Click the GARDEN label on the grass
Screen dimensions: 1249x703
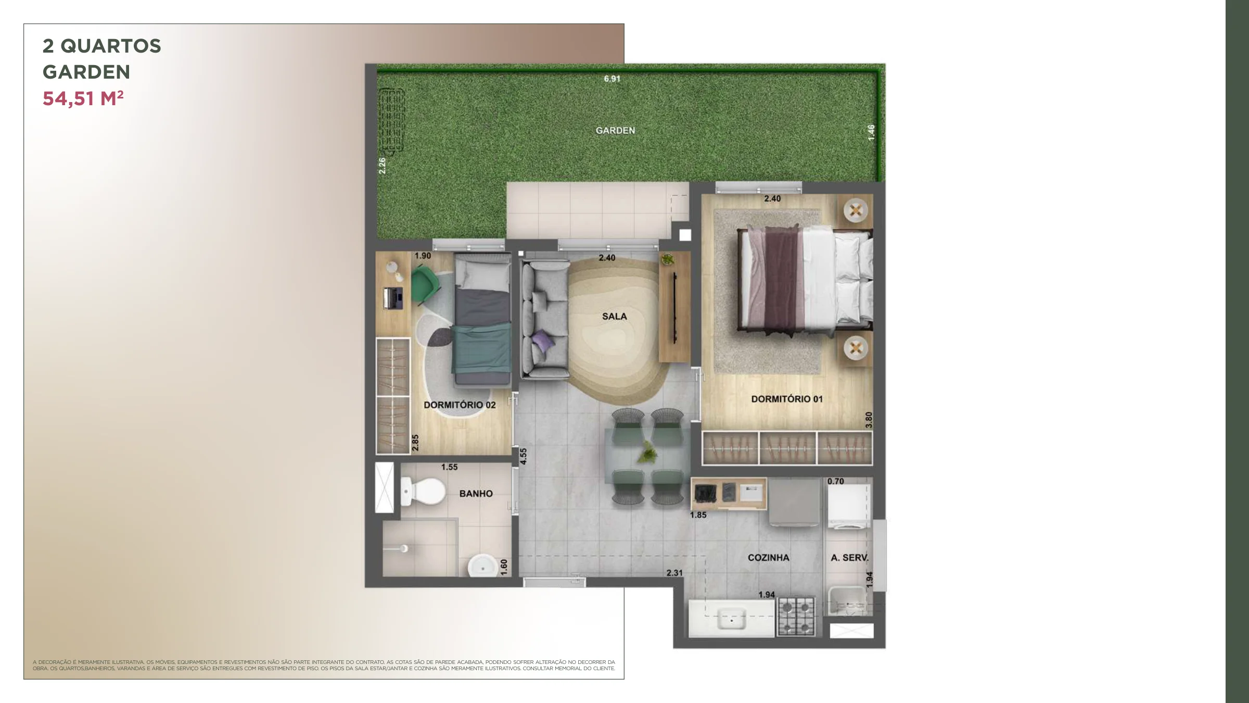[615, 130]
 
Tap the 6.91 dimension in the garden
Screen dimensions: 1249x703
[612, 79]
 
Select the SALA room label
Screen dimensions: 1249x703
[614, 316]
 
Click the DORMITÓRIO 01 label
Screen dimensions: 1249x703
[787, 399]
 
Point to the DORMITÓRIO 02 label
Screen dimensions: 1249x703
[460, 405]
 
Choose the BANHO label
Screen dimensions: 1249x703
[476, 493]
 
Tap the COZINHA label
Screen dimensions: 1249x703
[768, 557]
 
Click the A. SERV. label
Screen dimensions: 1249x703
[849, 557]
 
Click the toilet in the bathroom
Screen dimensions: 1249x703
[423, 491]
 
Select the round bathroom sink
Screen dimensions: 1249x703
[482, 566]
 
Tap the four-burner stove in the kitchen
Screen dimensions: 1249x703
[796, 617]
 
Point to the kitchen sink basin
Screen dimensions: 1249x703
[731, 620]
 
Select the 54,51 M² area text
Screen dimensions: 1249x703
[83, 98]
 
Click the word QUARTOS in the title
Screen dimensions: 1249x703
[111, 46]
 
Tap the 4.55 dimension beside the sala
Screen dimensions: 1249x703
[524, 456]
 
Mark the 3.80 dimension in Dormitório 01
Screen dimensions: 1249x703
[868, 420]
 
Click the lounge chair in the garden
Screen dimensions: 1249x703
[391, 120]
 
